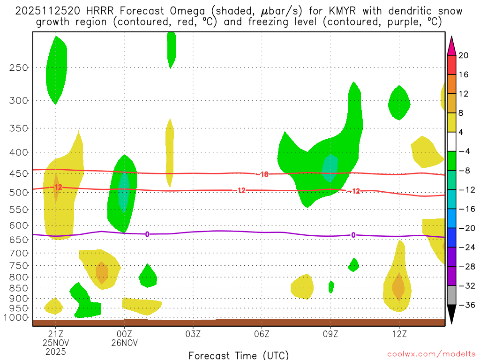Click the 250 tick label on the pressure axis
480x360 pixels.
(x=19, y=67)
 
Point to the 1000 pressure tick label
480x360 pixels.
(x=17, y=317)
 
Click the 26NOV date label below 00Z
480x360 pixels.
(x=124, y=343)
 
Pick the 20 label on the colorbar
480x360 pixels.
(x=463, y=55)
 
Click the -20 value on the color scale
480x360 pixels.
(x=463, y=228)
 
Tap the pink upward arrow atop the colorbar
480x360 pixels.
(x=451, y=46)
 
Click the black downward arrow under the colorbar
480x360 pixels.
(x=451, y=314)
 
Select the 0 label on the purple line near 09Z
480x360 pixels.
(x=353, y=235)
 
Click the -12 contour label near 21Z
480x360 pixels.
(x=57, y=187)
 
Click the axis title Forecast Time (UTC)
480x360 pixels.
(x=239, y=355)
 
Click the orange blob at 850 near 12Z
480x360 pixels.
(x=398, y=286)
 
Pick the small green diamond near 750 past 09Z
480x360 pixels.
(x=353, y=265)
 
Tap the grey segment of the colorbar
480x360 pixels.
(x=451, y=295)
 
